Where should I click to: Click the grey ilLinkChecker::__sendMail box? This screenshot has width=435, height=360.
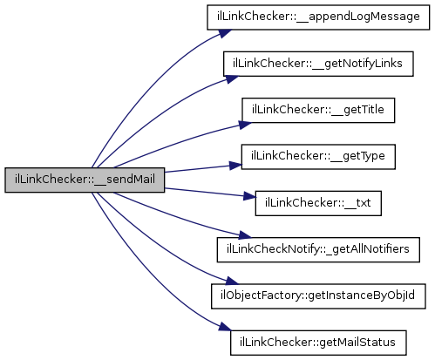pos(85,180)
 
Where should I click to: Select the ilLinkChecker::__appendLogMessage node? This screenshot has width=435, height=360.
pos(318,17)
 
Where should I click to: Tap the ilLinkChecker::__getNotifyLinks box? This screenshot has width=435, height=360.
pos(318,64)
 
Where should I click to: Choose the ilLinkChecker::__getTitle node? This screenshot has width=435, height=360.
pos(318,110)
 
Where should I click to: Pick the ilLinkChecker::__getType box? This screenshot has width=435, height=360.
pos(318,157)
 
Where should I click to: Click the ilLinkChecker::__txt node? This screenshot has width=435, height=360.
pos(318,203)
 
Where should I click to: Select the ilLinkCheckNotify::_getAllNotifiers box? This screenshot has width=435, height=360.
pos(318,249)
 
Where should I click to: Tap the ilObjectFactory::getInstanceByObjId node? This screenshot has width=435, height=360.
pos(318,296)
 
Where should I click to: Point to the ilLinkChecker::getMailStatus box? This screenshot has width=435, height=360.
pos(318,343)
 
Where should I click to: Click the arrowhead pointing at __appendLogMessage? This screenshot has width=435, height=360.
pos(225,33)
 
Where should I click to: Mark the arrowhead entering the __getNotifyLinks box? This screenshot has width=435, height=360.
pos(232,79)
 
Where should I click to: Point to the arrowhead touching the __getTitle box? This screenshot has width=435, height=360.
pos(245,125)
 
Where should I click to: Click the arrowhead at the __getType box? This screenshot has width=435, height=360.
pos(235,166)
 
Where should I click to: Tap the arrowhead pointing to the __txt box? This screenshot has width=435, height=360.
pos(250,196)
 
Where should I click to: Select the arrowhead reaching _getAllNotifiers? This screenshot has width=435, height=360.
pos(244,234)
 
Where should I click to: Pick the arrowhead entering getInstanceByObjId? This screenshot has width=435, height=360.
pos(232,281)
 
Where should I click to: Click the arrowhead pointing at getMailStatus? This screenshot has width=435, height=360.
pos(225,327)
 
